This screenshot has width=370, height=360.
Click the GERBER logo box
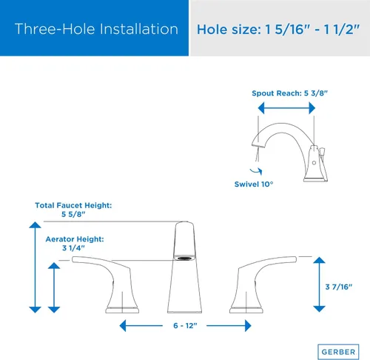coord(338,352)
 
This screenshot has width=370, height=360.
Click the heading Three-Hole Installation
coord(96,29)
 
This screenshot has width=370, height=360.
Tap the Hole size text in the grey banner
coord(278,30)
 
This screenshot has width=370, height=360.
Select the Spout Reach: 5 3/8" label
coord(289,93)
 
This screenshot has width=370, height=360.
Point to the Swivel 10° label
coord(254,184)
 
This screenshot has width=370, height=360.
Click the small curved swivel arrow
coord(256,171)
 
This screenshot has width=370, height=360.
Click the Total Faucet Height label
coord(73,210)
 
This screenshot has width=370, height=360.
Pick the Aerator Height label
coord(75,243)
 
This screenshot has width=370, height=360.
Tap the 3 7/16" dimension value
coord(339,287)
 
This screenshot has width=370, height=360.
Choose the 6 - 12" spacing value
coord(185,326)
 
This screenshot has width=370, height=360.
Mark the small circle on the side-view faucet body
coord(314,163)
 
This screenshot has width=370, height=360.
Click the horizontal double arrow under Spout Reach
coord(286,108)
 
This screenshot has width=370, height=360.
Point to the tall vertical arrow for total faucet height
coord(35,267)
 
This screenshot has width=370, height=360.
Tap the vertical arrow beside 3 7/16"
coord(319,284)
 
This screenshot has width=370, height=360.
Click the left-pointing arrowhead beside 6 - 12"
coord(123,326)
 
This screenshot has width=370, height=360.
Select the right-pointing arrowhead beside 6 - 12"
coord(248,326)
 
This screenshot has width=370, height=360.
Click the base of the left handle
coord(122,310)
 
